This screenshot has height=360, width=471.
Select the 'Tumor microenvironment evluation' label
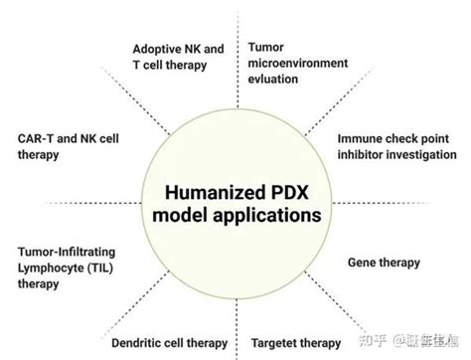point(297,63)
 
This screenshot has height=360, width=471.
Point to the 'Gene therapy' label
point(384,263)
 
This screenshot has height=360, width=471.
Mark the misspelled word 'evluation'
point(273,79)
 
